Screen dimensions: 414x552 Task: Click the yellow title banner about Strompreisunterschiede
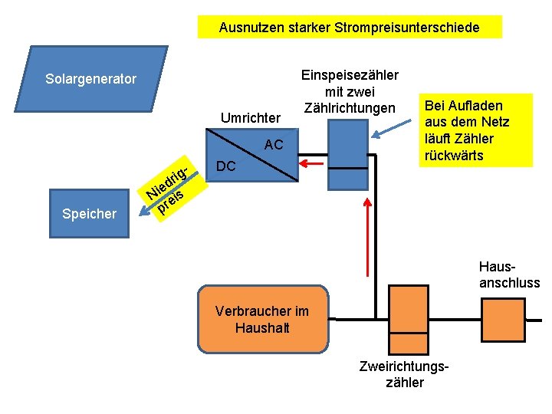click(x=349, y=28)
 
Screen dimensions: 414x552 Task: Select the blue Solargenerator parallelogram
click(x=90, y=79)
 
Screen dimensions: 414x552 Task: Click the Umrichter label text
click(x=251, y=119)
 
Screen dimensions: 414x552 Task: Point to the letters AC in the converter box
click(x=273, y=145)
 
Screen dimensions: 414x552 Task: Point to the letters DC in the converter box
click(x=226, y=166)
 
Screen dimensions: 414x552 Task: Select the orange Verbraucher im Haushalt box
click(x=262, y=319)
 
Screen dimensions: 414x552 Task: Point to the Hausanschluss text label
click(x=510, y=275)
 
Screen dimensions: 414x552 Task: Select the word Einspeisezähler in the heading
click(x=350, y=75)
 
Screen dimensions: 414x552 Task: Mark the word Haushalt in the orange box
click(x=262, y=328)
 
